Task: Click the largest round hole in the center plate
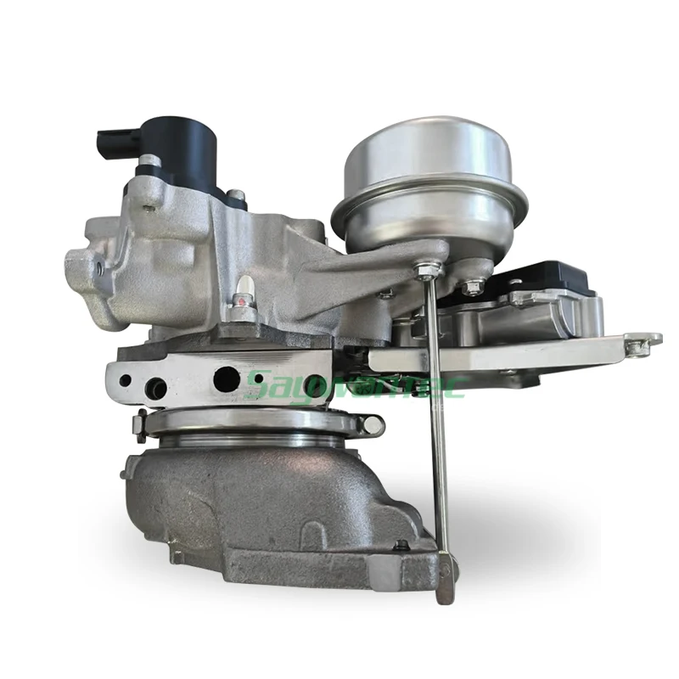click(227, 379)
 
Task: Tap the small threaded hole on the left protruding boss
click(100, 268)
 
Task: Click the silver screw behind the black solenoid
click(237, 197)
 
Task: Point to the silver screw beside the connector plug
click(150, 160)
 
